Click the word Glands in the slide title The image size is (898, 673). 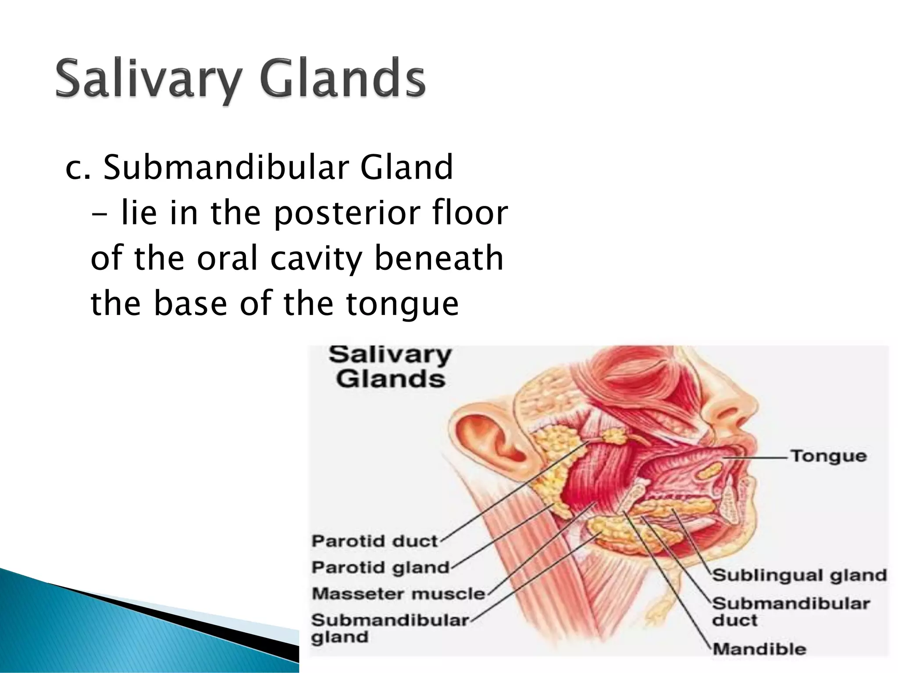click(342, 79)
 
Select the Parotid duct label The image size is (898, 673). click(374, 541)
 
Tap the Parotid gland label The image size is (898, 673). click(380, 567)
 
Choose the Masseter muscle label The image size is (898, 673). click(398, 594)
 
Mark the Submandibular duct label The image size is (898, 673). click(790, 611)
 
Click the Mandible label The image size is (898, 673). click(759, 649)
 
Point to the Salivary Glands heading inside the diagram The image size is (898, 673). click(390, 367)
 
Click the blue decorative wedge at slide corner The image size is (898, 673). click(132, 635)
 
